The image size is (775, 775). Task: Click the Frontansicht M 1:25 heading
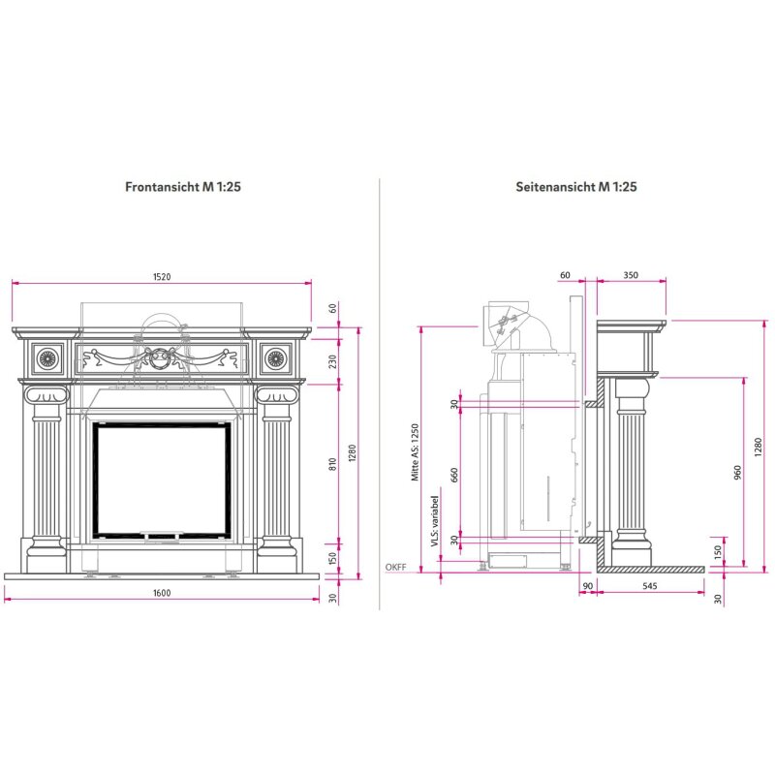[183, 187]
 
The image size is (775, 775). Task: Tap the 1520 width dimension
[162, 277]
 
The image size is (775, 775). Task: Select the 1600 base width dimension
[162, 593]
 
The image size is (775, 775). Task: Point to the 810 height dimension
[332, 463]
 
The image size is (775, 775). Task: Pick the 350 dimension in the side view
[631, 276]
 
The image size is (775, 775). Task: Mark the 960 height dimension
[737, 472]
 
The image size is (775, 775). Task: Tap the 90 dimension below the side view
[587, 586]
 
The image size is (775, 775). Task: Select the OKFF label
[395, 567]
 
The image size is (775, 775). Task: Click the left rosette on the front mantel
[46, 359]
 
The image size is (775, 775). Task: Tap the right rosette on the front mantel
[277, 359]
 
